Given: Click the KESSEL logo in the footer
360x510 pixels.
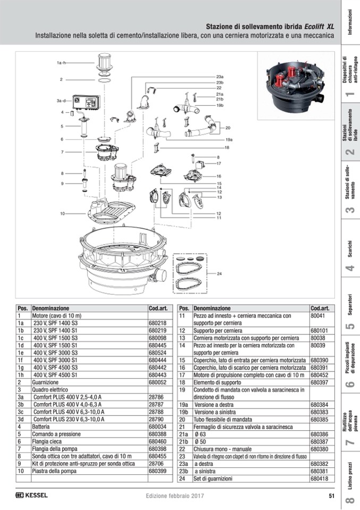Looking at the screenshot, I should click(31, 495).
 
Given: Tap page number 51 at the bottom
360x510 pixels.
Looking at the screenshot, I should click(331, 496).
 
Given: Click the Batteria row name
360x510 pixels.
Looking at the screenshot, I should click(41, 427).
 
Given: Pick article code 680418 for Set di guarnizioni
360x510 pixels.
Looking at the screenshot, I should click(319, 479).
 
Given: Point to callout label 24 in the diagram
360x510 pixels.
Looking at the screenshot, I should click(220, 273).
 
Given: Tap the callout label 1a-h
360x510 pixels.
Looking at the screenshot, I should click(62, 63).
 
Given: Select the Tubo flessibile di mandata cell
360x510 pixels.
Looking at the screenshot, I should click(215, 419).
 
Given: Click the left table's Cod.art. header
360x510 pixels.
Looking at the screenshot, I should click(158, 308).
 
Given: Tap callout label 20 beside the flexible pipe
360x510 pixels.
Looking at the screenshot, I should click(228, 128).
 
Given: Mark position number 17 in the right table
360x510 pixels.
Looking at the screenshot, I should click(182, 374).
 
